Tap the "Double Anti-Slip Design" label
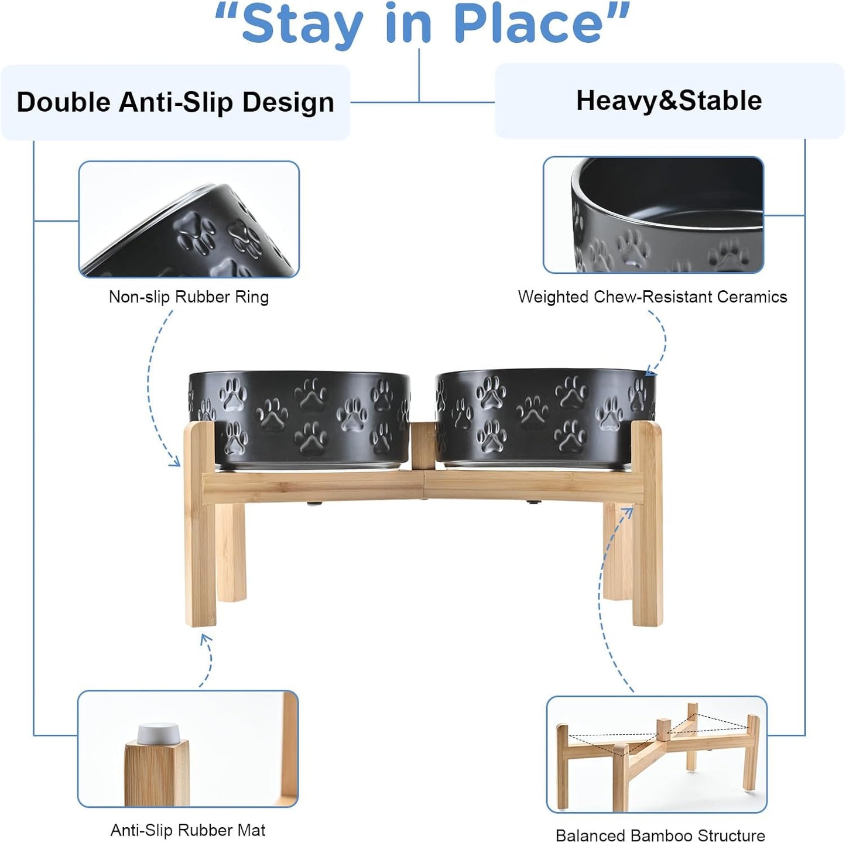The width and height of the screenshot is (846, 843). [x=175, y=102]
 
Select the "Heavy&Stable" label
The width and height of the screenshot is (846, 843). [x=669, y=101]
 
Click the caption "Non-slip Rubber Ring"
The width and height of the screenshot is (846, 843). [x=189, y=297]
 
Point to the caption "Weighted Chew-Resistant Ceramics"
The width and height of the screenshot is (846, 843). [x=652, y=297]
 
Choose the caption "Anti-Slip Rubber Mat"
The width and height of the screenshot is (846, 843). [x=188, y=830]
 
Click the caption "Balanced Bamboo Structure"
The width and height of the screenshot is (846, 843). [x=660, y=835]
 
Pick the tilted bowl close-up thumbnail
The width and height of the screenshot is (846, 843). [x=189, y=219]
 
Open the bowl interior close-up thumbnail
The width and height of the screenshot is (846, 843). [x=653, y=215]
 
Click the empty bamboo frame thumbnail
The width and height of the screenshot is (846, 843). [x=656, y=754]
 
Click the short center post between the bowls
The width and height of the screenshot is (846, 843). [x=423, y=446]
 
